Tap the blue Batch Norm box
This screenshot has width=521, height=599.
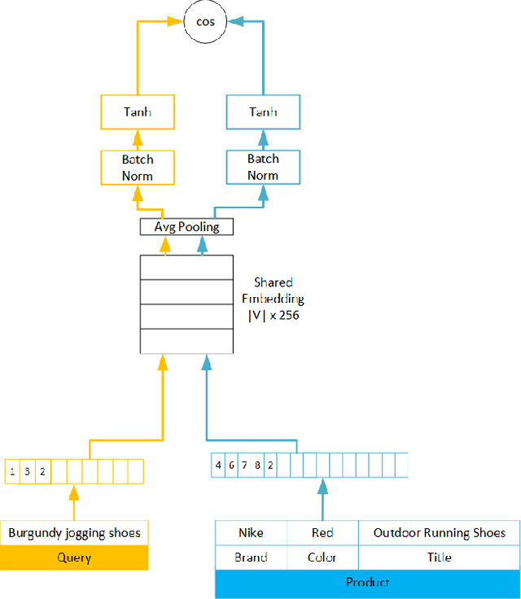click(x=262, y=167)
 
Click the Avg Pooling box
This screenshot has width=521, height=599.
click(x=186, y=226)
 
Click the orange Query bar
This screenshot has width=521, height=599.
click(x=74, y=557)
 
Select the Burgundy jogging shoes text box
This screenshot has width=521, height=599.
click(x=74, y=534)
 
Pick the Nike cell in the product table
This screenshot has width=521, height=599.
click(x=251, y=533)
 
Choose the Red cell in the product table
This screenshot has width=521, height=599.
click(x=322, y=533)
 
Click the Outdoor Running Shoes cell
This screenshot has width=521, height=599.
click(x=439, y=533)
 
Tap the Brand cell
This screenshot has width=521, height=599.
click(x=251, y=558)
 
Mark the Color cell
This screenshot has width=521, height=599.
click(x=322, y=558)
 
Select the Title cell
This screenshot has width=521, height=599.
click(x=439, y=558)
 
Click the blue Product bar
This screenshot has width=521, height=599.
click(x=367, y=582)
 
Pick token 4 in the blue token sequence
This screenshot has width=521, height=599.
click(x=218, y=466)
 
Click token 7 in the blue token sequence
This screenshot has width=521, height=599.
click(x=244, y=466)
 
